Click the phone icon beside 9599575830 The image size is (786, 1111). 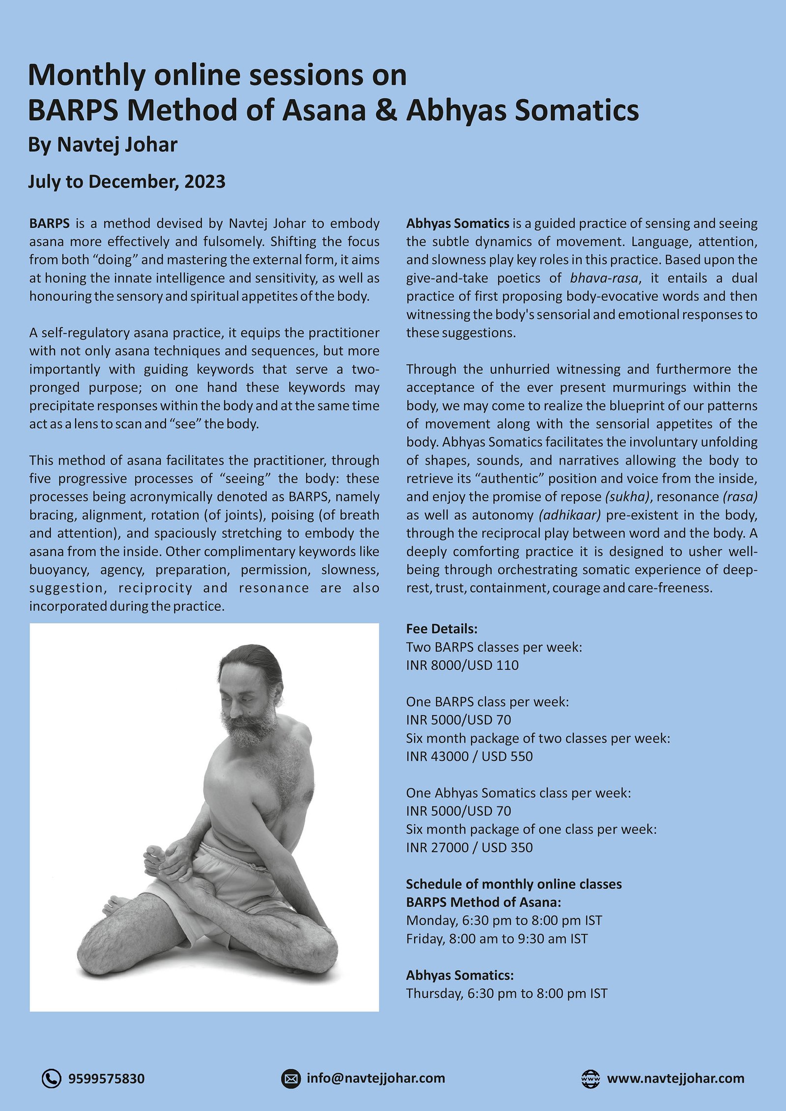tap(51, 1079)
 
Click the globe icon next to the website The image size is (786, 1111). tap(590, 1079)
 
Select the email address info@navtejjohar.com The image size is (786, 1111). tap(376, 1078)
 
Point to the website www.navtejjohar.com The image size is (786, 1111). tap(675, 1078)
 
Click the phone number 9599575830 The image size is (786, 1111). tap(106, 1079)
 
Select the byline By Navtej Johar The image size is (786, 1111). tap(103, 144)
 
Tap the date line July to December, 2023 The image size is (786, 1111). tap(127, 181)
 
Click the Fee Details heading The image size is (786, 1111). tap(442, 629)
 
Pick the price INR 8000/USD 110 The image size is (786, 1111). tap(462, 665)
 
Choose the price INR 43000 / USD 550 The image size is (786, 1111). tap(469, 756)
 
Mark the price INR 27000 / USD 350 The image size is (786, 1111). tap(469, 847)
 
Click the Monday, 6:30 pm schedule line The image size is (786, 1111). tap(504, 920)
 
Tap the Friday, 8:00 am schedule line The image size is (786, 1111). tap(497, 938)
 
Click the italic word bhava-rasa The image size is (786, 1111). tap(604, 278)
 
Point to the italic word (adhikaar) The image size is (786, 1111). tap(569, 515)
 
